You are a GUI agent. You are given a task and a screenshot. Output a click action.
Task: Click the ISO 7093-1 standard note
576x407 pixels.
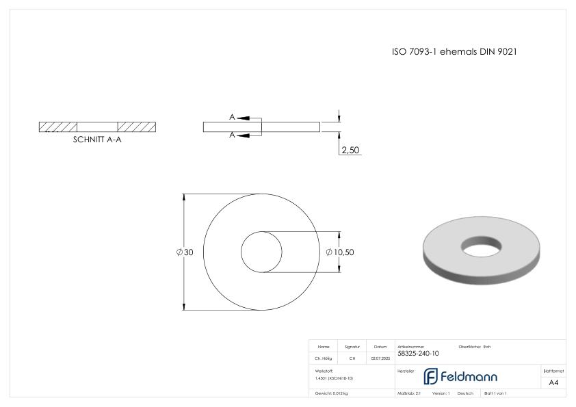[458, 52]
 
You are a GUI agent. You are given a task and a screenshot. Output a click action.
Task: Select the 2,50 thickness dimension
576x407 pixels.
[350, 150]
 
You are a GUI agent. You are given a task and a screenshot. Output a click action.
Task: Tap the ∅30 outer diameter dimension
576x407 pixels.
[185, 252]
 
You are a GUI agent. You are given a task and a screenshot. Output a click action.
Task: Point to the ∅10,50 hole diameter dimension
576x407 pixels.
[340, 252]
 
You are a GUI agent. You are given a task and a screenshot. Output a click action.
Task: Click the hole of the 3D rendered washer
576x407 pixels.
[482, 245]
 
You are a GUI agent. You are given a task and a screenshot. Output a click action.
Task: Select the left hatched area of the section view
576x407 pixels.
[58, 127]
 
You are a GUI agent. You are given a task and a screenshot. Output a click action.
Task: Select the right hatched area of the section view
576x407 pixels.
[137, 127]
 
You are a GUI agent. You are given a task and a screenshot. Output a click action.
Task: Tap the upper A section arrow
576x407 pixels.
[242, 118]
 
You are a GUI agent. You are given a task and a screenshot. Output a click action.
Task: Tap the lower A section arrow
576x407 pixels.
[242, 135]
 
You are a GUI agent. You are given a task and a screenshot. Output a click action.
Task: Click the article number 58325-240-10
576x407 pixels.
[418, 354]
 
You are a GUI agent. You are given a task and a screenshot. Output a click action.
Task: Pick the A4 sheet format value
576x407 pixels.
[553, 382]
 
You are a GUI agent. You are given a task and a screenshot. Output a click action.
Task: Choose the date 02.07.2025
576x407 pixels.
[380, 358]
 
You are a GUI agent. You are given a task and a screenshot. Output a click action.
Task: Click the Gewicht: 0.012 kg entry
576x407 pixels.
[331, 393]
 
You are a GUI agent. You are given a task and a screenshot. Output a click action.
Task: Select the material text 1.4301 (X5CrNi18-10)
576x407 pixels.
[335, 378]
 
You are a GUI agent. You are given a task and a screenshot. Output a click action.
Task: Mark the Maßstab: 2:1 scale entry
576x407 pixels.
[408, 393]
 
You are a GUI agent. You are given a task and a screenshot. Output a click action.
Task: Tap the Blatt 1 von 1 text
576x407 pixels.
[495, 393]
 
